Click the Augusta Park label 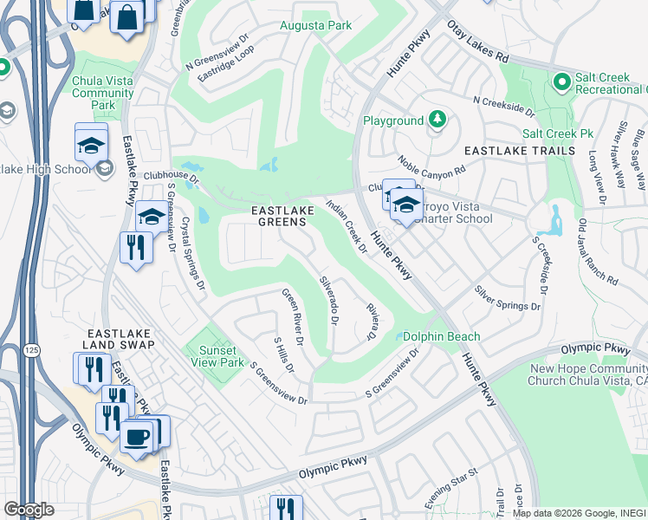pyautogui.click(x=315, y=26)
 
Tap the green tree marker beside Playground pyautogui.click(x=437, y=120)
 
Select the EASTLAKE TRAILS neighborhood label pyautogui.click(x=519, y=151)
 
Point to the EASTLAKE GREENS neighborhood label pyautogui.click(x=279, y=216)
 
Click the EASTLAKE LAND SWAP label pyautogui.click(x=120, y=339)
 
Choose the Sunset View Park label pyautogui.click(x=217, y=356)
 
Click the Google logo pyautogui.click(x=29, y=510)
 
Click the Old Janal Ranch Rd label pyautogui.click(x=598, y=252)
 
